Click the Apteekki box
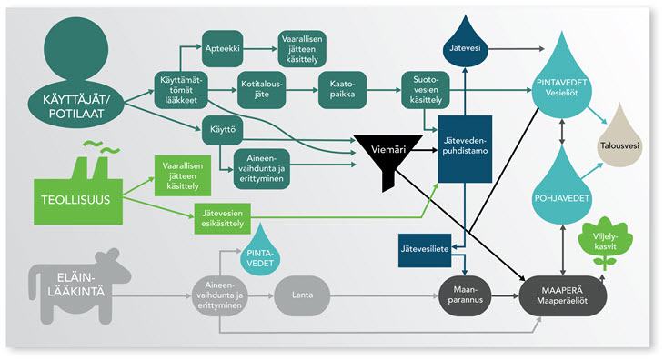(x=222, y=49)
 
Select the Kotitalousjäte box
(x=261, y=90)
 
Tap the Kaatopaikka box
(x=342, y=90)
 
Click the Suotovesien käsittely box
(x=426, y=90)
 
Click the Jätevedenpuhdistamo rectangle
(x=465, y=149)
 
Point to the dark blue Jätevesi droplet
(x=465, y=43)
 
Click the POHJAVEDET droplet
(x=561, y=188)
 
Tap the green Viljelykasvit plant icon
(x=605, y=244)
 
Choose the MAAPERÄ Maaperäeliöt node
(x=562, y=295)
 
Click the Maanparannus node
(x=465, y=295)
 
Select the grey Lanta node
(x=302, y=295)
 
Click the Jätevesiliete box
(x=425, y=250)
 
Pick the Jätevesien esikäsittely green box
(x=222, y=219)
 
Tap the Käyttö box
(x=222, y=129)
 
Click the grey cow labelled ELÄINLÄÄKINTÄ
(x=78, y=287)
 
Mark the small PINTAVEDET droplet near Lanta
(x=260, y=253)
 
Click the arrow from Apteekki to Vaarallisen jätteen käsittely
(x=260, y=49)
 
